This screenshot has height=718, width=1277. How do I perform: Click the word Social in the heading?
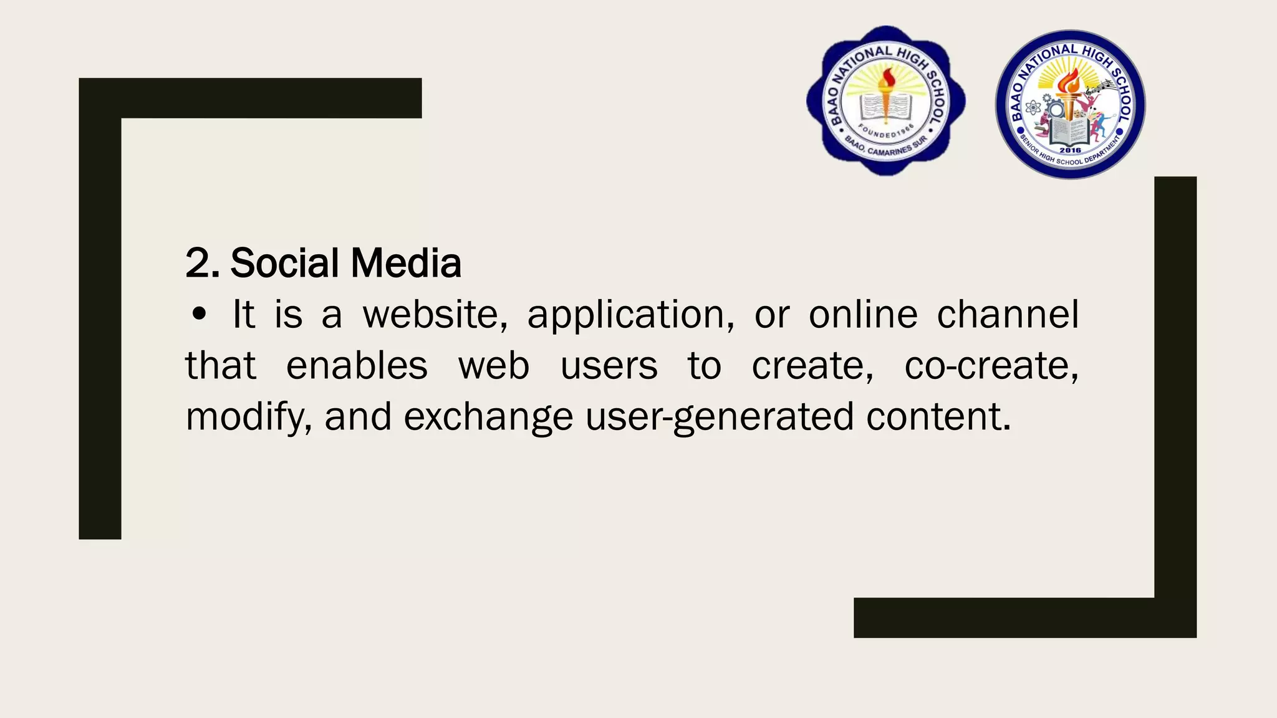286,263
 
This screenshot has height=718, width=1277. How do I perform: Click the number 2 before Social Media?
199,263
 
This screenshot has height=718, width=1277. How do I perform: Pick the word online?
863,314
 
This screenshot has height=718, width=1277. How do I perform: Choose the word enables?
357,366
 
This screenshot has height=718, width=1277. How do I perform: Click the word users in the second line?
609,366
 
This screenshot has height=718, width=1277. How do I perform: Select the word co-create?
991,366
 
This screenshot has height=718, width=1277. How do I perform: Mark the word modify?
248,418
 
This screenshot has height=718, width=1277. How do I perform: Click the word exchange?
488,418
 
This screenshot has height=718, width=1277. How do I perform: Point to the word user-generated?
720,418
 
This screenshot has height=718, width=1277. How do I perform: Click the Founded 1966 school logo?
886,101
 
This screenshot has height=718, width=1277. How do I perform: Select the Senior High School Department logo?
1070,105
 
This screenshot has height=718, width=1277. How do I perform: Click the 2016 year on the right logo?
1070,150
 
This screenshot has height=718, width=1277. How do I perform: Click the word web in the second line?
494,366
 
